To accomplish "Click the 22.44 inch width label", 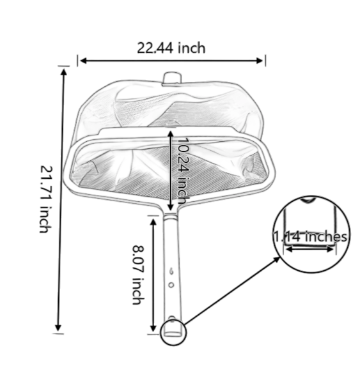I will [171, 47].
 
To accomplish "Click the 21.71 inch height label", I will [44, 199].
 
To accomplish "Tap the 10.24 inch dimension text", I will [182, 169].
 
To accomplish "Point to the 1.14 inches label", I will [311, 236].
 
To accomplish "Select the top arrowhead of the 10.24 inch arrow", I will [170, 133].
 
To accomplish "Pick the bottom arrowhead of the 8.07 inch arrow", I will [153, 328].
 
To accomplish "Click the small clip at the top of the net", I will [171, 78].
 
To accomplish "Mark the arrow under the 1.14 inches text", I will [311, 248].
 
